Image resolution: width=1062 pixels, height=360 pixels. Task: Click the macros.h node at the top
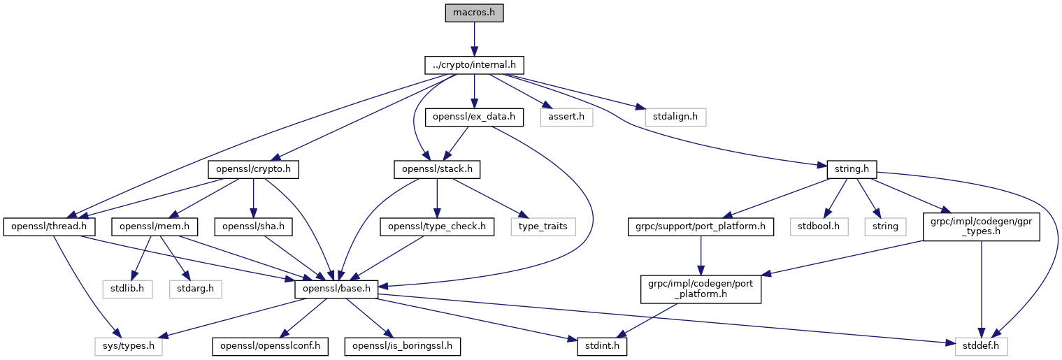(474, 13)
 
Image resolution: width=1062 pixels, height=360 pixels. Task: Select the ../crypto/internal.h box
(474, 65)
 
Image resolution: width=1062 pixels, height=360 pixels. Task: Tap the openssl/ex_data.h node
(474, 117)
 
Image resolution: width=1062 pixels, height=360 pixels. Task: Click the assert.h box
(566, 117)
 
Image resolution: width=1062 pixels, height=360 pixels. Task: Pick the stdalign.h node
(675, 117)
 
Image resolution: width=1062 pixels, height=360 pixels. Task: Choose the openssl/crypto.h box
(254, 170)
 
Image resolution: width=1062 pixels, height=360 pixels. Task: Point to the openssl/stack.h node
(437, 170)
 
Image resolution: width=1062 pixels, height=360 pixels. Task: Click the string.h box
(852, 170)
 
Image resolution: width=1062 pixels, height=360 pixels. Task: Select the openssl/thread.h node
(50, 226)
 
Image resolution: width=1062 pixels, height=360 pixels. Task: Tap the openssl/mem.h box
(155, 226)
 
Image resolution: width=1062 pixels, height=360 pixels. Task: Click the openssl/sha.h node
(254, 226)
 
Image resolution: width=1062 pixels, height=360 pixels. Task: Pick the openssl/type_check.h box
(437, 226)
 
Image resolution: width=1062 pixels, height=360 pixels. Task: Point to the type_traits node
(543, 226)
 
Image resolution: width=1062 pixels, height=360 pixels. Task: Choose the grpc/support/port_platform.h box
(701, 226)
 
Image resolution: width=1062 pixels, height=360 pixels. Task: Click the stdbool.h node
(819, 226)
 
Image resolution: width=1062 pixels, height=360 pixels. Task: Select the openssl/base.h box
(336, 289)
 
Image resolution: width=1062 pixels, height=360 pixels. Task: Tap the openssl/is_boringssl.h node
(403, 347)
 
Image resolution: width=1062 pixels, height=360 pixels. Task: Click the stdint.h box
(602, 347)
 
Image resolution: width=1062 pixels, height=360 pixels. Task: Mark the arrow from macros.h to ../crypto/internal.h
(474, 39)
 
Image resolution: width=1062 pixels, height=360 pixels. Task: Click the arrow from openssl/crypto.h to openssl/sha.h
(254, 199)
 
